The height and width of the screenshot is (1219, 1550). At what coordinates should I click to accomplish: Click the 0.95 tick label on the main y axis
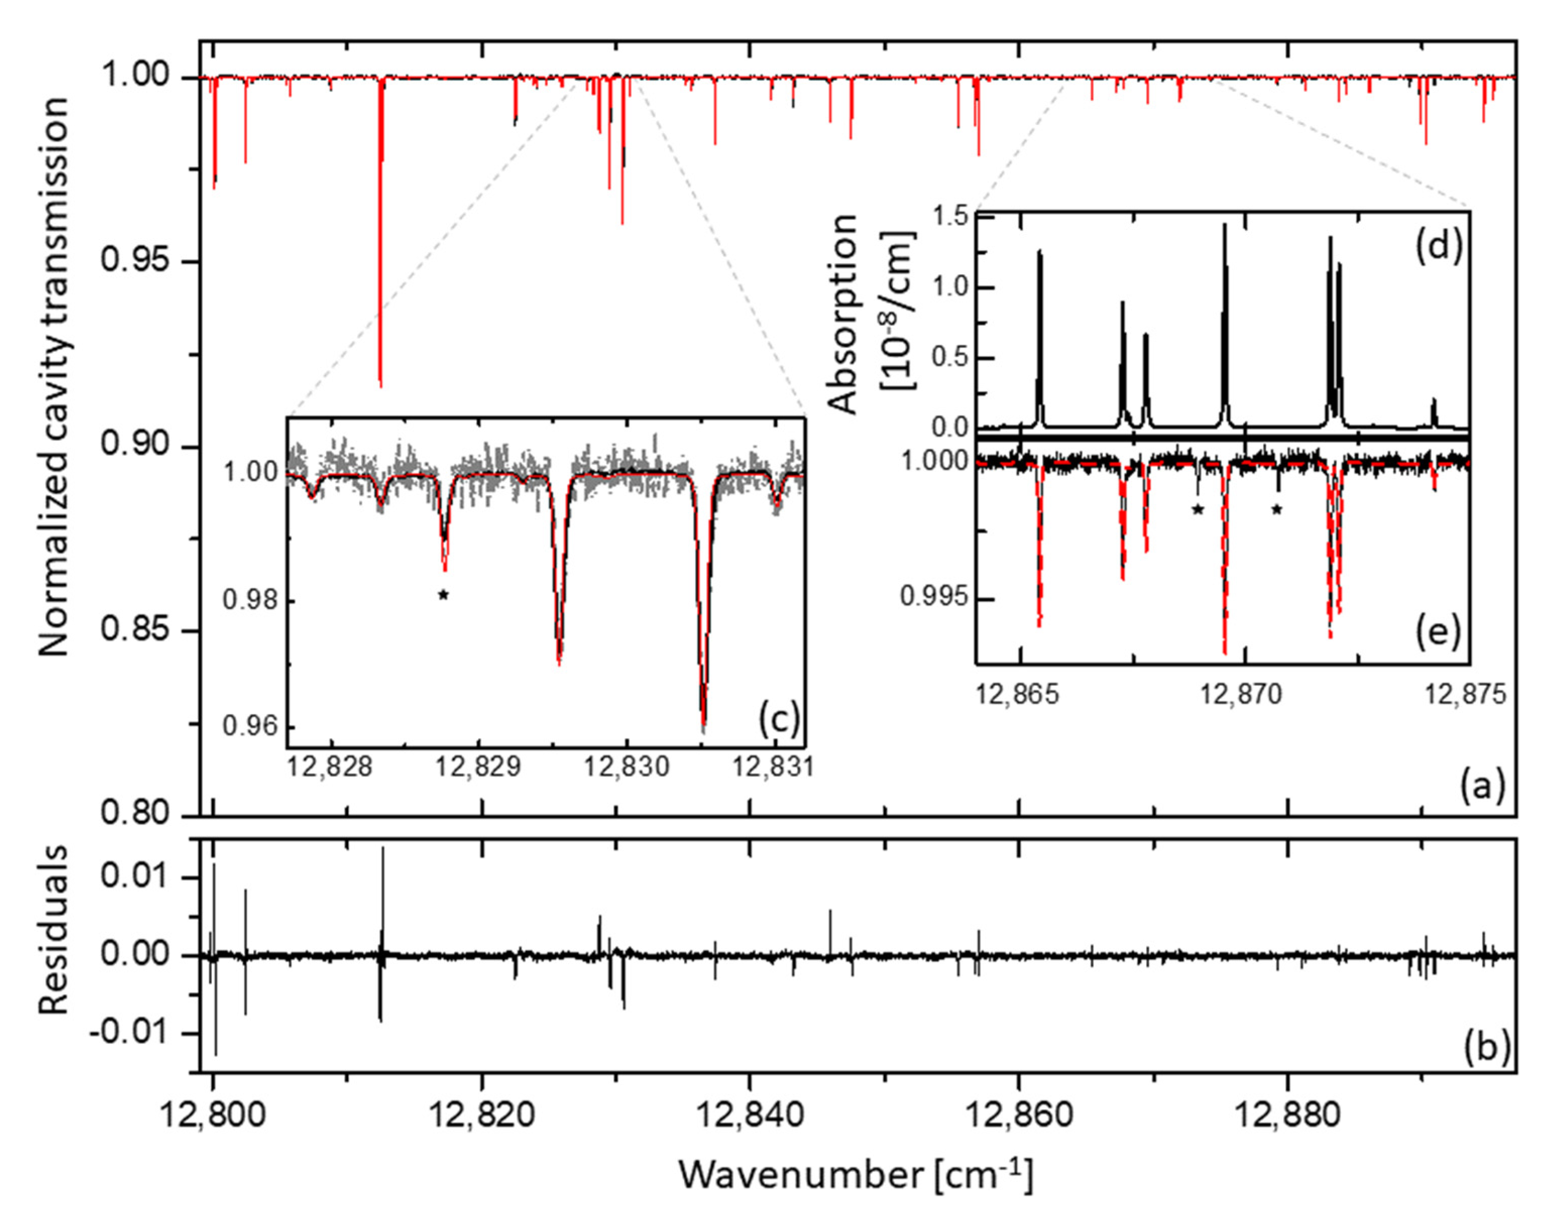[x=133, y=261]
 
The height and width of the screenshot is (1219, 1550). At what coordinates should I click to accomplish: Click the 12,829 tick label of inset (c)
[x=478, y=767]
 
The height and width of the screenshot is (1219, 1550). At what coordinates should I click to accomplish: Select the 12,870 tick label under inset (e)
[x=1243, y=694]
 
